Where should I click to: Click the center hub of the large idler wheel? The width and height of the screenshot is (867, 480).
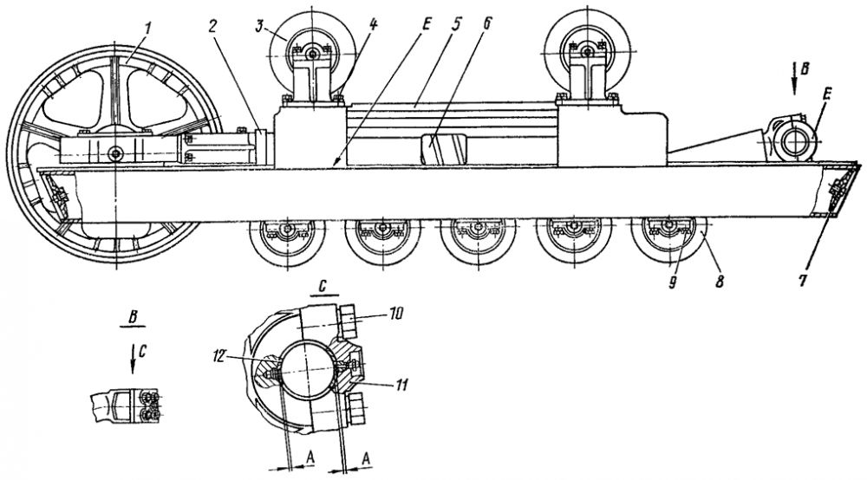[115, 154]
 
